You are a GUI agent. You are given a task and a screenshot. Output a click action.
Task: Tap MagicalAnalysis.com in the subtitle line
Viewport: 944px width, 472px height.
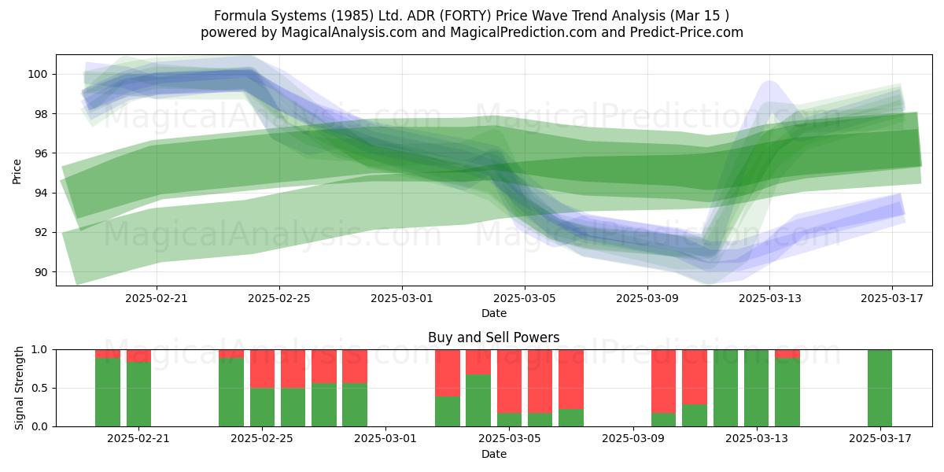[x=349, y=32]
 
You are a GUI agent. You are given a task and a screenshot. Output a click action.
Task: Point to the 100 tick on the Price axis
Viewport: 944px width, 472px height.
[x=37, y=74]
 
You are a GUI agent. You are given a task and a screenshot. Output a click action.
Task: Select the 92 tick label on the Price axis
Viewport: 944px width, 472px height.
[x=40, y=233]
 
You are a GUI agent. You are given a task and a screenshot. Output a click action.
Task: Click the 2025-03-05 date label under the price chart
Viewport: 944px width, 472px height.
[x=525, y=298]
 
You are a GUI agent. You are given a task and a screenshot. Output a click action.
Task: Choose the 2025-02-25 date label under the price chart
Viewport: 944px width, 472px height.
[x=279, y=298]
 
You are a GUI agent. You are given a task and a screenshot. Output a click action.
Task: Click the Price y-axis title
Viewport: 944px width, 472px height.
[x=17, y=171]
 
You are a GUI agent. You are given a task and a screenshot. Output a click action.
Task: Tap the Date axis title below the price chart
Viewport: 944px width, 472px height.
[x=494, y=313]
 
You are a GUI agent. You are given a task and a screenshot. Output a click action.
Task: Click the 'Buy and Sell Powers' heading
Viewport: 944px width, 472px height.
[x=494, y=337]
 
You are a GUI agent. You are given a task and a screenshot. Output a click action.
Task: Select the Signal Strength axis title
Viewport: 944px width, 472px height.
[x=19, y=388]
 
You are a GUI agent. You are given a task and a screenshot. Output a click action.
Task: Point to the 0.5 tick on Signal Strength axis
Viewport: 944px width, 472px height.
[x=39, y=388]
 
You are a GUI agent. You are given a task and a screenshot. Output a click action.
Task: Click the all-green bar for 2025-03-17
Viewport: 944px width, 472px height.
[x=880, y=388]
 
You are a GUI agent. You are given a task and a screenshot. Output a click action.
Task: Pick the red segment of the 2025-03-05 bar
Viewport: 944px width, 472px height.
[x=509, y=382]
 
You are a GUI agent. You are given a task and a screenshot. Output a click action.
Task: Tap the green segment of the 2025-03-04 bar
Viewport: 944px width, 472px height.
[x=478, y=400]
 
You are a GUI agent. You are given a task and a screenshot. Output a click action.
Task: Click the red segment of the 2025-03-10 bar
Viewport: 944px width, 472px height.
[x=664, y=382]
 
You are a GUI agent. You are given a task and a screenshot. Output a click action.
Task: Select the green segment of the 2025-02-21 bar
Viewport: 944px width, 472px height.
[x=138, y=394]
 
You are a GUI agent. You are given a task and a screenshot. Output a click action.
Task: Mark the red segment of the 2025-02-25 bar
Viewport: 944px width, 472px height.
[x=262, y=369]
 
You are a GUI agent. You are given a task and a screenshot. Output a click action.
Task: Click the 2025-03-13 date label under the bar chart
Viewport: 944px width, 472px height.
[x=757, y=439]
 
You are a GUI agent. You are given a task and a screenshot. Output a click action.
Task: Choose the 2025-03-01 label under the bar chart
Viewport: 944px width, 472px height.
[x=385, y=439]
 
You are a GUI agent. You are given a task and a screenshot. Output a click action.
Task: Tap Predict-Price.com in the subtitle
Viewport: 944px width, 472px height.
[x=687, y=32]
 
